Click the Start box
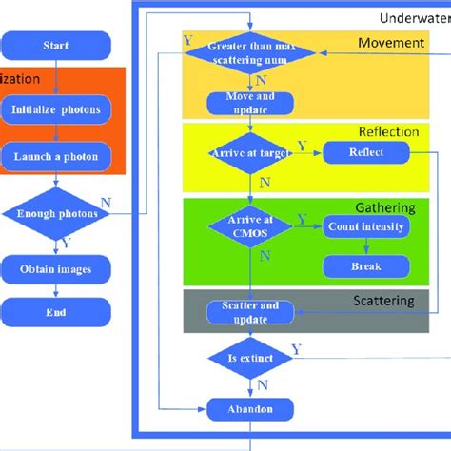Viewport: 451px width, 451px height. click(56, 45)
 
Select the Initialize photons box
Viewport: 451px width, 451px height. click(56, 108)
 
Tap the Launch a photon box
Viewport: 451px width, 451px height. click(56, 156)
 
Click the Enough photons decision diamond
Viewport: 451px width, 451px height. click(56, 214)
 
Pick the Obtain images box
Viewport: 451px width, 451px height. click(56, 269)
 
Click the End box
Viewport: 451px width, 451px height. click(56, 310)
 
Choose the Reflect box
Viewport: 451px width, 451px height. click(366, 151)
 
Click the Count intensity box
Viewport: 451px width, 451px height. click(366, 227)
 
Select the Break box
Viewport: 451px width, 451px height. click(366, 266)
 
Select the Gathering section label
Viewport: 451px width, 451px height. click(386, 207)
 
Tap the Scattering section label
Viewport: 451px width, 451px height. click(384, 301)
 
